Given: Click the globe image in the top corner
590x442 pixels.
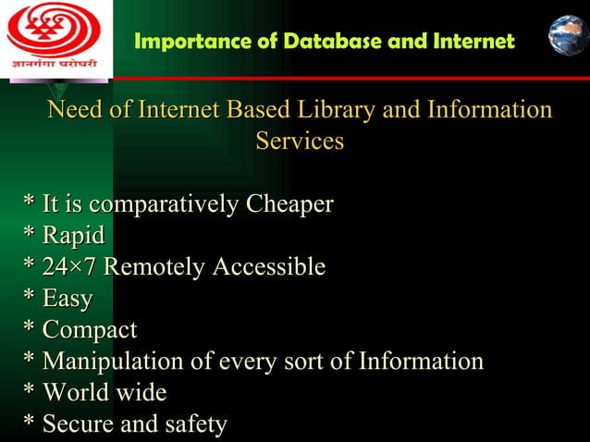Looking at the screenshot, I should [568, 35].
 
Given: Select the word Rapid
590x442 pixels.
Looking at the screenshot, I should [73, 236].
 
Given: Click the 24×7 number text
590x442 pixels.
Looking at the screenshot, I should [70, 267].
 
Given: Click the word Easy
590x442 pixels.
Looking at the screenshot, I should [68, 299].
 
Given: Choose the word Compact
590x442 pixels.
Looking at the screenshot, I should [90, 330].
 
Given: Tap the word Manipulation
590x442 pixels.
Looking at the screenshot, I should [113, 362].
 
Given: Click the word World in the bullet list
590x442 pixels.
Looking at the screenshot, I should [75, 393].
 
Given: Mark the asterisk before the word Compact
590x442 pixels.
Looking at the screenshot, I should [30, 329].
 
